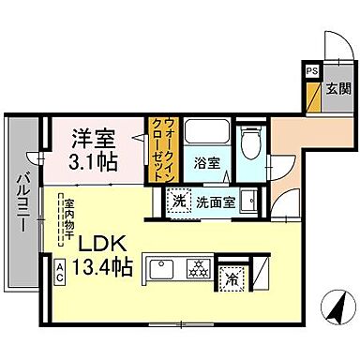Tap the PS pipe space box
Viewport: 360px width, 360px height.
[310, 69]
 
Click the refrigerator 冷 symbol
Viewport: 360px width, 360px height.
[230, 277]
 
